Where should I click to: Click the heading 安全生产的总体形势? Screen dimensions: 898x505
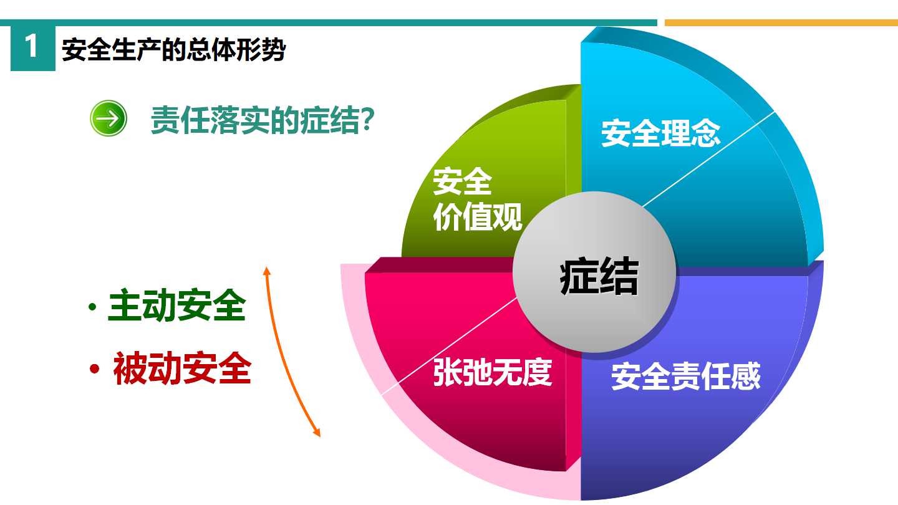point(173,49)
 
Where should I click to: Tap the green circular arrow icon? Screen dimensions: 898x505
point(109,118)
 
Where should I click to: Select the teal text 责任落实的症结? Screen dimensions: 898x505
point(263,120)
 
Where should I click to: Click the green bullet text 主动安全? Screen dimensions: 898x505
point(177,305)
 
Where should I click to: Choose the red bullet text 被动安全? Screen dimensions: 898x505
point(182,368)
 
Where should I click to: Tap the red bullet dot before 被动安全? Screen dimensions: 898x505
point(95,368)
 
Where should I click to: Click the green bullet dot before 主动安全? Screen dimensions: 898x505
point(92,307)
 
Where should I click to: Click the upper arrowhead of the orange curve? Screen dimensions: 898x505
point(267,271)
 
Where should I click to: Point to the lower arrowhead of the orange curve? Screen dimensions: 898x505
point(317,433)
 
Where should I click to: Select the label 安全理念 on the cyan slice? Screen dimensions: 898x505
point(660,133)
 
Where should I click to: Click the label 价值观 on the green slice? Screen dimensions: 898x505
point(478,217)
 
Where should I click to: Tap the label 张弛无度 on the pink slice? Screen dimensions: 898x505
point(493,372)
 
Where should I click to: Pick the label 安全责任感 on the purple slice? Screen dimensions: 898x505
point(686,376)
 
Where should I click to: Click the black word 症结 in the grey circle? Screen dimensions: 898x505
point(599,276)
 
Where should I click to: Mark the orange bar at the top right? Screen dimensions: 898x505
point(781,23)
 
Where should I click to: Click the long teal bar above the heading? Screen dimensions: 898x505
point(329,23)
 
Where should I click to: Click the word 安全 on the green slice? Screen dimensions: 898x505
point(463,181)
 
